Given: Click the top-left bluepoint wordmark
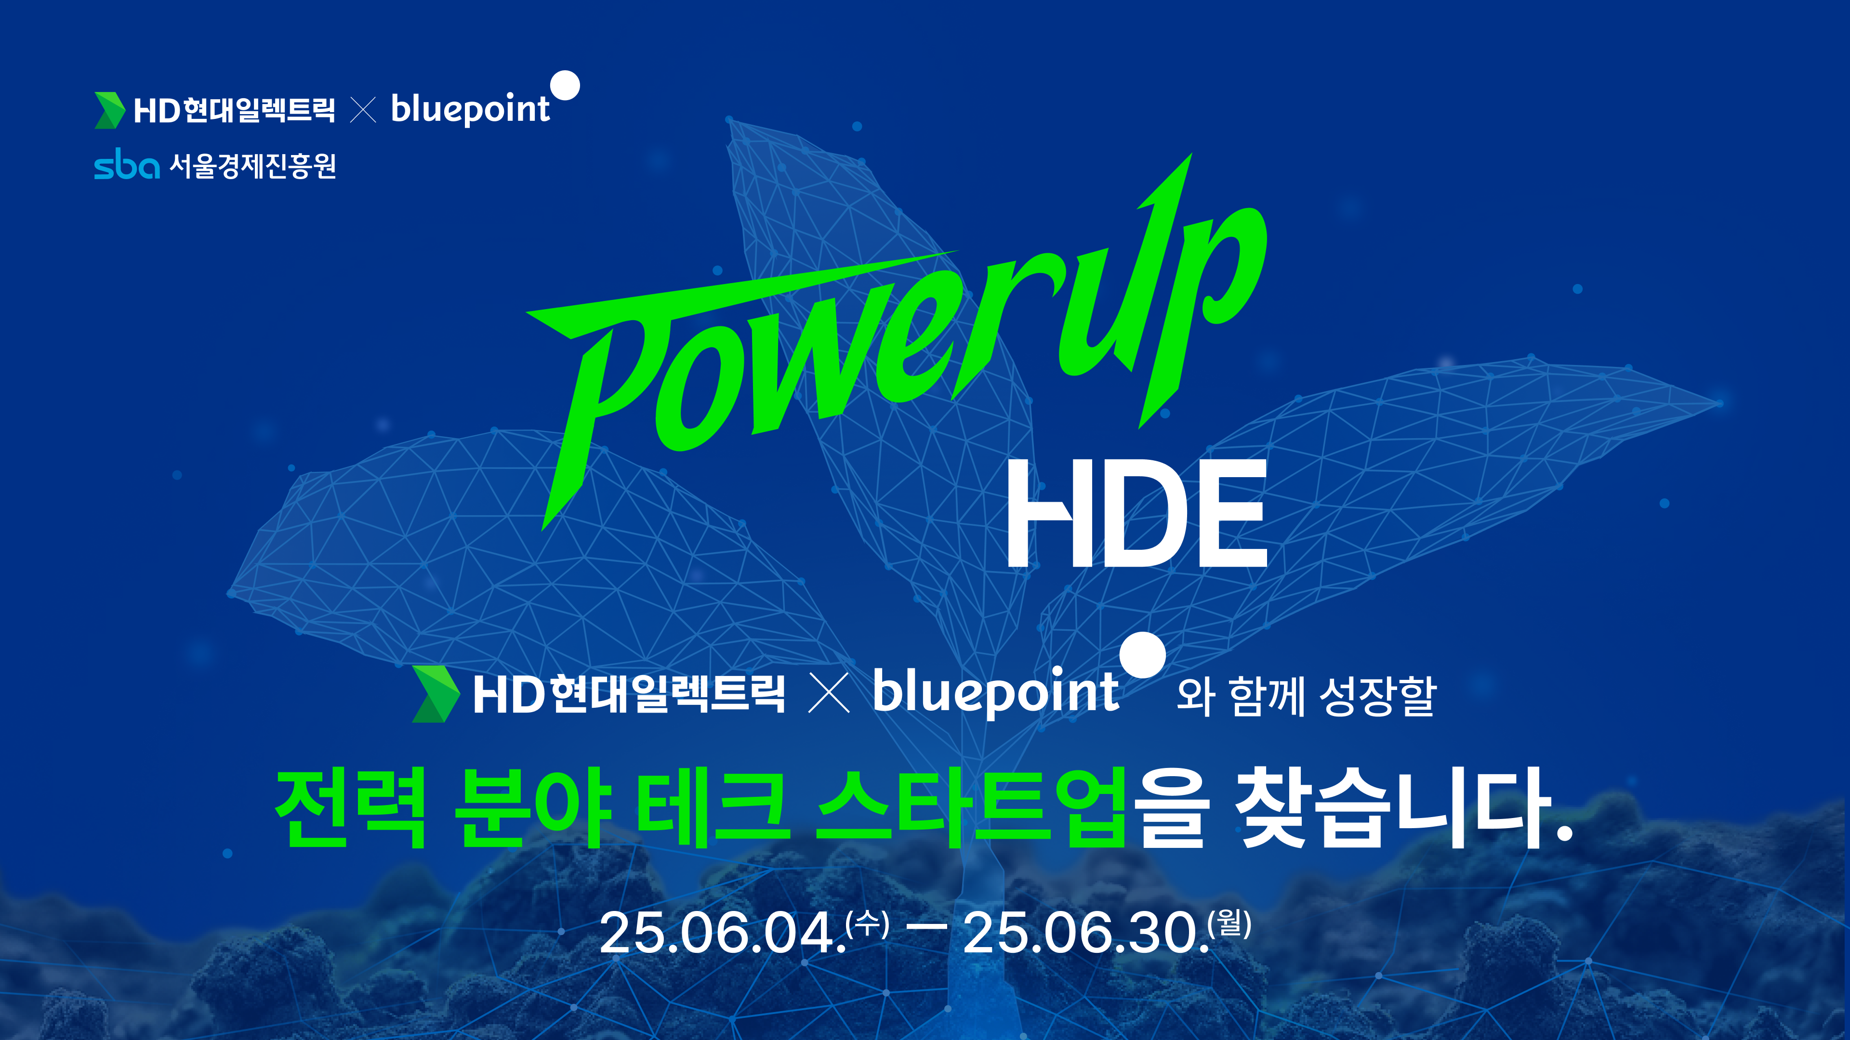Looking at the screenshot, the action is pos(470,109).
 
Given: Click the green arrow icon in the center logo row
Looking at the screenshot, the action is pos(435,693).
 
